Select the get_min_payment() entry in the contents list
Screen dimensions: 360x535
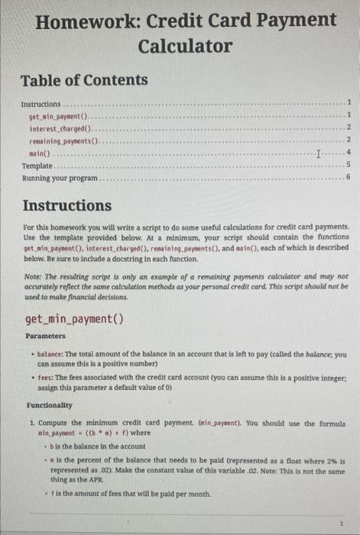click(x=59, y=115)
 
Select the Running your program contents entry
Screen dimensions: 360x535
click(x=60, y=177)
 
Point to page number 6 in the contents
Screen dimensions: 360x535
click(x=348, y=177)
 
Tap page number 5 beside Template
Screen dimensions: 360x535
click(x=348, y=165)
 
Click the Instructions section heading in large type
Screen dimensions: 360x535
click(x=67, y=206)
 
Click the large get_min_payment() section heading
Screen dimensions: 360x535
click(x=75, y=319)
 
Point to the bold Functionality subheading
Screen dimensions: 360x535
click(x=50, y=404)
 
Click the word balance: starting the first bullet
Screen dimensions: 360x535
click(x=50, y=354)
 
